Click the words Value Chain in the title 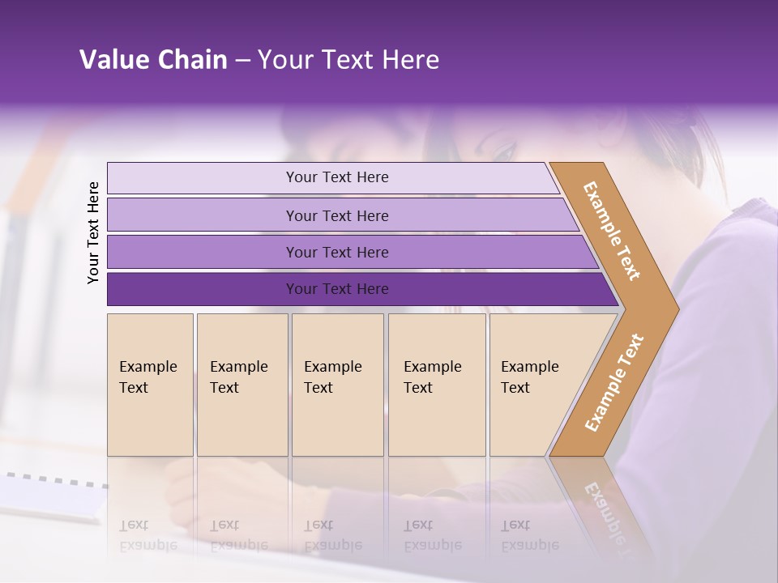click(153, 60)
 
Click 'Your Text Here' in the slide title click(348, 60)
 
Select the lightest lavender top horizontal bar click(336, 177)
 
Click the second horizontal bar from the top click(336, 215)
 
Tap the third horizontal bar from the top click(336, 252)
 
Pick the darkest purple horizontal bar click(336, 289)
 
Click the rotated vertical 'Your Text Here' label click(93, 232)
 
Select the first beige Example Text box click(150, 385)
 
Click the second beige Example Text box click(242, 385)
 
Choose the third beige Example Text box click(337, 385)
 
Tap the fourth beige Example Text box click(436, 385)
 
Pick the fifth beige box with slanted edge click(535, 385)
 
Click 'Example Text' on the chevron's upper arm click(612, 231)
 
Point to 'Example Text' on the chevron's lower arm click(614, 382)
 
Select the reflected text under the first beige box click(147, 535)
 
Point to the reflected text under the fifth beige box click(529, 535)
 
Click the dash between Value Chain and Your click(242, 61)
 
